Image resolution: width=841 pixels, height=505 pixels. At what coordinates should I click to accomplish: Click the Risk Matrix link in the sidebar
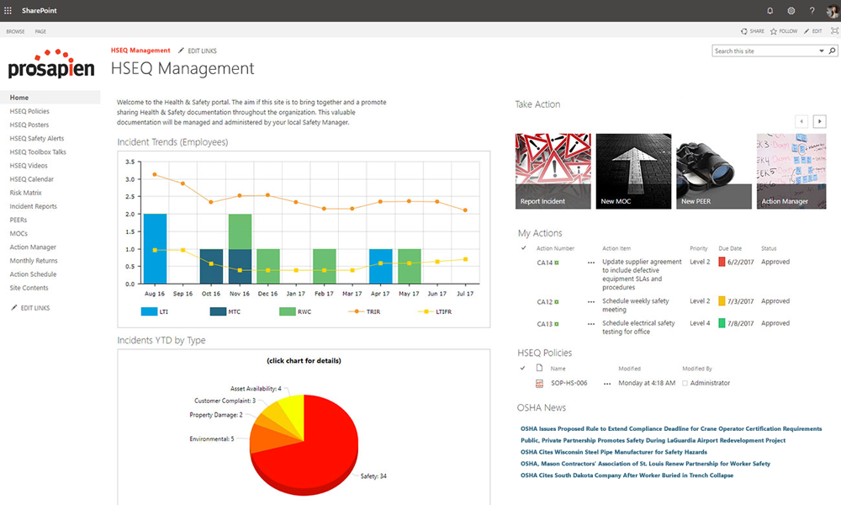pos(25,193)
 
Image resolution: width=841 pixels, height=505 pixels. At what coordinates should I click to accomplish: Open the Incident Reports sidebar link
pos(34,206)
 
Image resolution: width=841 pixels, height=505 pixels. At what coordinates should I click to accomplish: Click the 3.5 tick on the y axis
pos(130,162)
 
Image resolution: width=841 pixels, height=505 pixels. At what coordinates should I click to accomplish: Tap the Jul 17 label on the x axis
pos(465,295)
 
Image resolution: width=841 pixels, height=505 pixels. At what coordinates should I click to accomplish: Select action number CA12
pos(544,301)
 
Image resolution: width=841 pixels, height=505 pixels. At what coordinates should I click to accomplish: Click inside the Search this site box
pos(764,51)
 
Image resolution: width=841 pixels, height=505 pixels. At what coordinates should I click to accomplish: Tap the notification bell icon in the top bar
pos(770,10)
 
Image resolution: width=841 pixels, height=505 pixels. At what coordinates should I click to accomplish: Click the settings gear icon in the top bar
pos(791,10)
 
